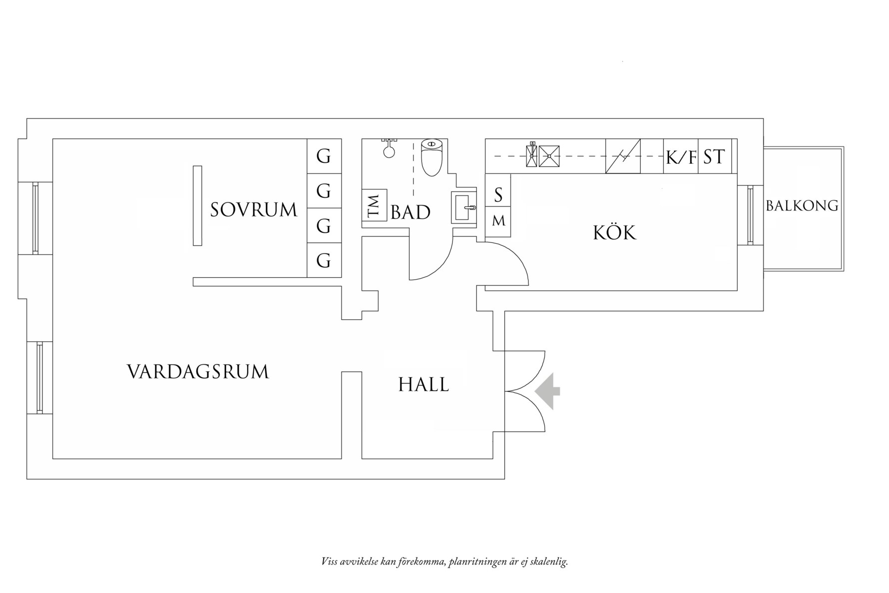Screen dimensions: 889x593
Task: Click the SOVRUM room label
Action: [254, 210]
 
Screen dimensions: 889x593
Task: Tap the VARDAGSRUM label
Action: [198, 372]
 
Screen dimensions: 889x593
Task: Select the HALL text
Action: [424, 385]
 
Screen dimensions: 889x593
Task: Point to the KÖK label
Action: [615, 232]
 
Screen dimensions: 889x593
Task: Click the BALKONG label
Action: [802, 205]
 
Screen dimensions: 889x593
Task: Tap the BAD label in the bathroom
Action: [411, 212]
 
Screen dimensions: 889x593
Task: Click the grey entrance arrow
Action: [547, 391]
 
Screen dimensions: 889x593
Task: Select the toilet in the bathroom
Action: [432, 157]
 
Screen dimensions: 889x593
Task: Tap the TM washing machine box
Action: [375, 205]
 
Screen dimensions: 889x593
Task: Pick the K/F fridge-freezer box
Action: [681, 156]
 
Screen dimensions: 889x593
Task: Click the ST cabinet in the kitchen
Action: [715, 156]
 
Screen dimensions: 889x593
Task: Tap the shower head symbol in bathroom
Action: [389, 148]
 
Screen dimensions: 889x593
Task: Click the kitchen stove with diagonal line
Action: [623, 156]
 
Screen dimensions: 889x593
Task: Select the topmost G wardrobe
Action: [324, 156]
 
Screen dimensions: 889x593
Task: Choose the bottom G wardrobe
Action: [324, 260]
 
